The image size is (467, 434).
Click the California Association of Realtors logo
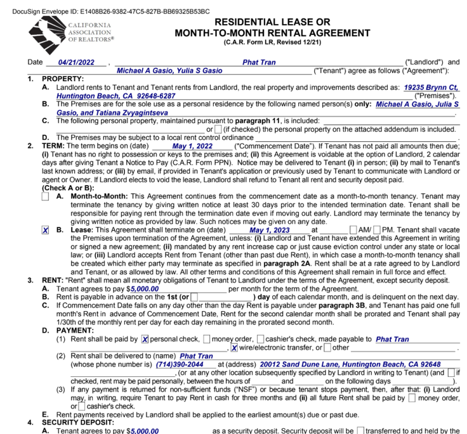(70, 32)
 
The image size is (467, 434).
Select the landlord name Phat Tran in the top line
(259, 63)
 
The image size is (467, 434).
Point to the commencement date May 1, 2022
(192, 145)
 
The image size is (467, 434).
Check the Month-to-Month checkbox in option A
(46, 196)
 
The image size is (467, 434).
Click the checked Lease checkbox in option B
(46, 230)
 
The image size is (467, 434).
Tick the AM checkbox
(353, 230)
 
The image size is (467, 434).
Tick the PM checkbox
(378, 230)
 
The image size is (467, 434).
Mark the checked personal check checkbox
(145, 340)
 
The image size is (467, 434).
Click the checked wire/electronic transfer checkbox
(234, 348)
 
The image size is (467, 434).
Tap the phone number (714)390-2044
(180, 365)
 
